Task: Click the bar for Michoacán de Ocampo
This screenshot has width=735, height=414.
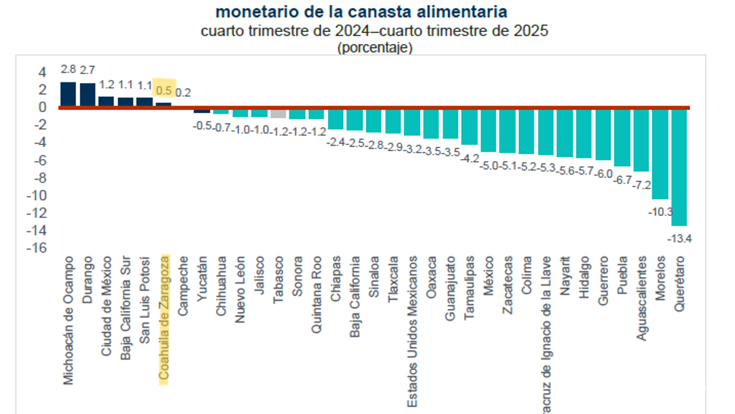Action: pos(68,95)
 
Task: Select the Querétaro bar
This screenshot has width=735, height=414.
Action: pos(679,166)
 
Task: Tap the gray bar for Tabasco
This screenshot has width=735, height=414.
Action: pos(278,113)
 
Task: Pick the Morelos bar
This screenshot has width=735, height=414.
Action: pos(660,153)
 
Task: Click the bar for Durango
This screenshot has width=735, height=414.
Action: pos(87,95)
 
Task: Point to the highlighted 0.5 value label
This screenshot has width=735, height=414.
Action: pos(164,91)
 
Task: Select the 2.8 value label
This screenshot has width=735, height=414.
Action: pos(68,69)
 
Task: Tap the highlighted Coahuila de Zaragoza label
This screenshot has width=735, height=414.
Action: pos(165,318)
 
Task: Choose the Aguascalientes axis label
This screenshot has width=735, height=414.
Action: pos(642,298)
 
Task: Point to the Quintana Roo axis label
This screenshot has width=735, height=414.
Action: pos(317,295)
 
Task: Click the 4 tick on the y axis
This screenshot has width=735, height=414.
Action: pos(42,72)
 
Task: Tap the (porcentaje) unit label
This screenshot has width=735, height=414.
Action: pos(375,47)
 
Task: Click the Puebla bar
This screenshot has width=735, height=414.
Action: pos(622,137)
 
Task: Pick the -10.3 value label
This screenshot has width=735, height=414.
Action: pos(660,211)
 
